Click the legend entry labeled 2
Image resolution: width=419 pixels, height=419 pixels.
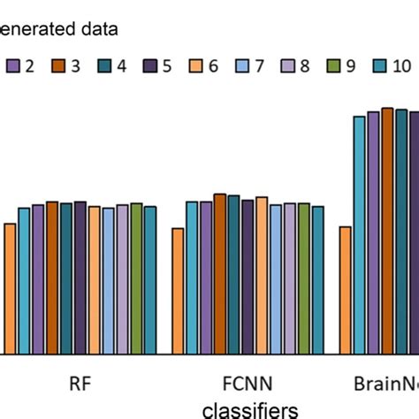(x=21, y=65)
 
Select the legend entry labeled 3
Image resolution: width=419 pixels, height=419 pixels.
(x=69, y=65)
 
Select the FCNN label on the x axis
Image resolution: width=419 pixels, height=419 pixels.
(x=248, y=385)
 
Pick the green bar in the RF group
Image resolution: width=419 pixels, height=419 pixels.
(x=136, y=278)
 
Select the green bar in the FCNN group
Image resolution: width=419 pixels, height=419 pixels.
(x=304, y=278)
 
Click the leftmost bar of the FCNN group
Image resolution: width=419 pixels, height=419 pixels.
(x=178, y=291)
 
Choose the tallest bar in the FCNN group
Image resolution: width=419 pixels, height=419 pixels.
(x=220, y=274)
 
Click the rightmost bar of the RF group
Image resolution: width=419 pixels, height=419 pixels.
(x=150, y=280)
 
